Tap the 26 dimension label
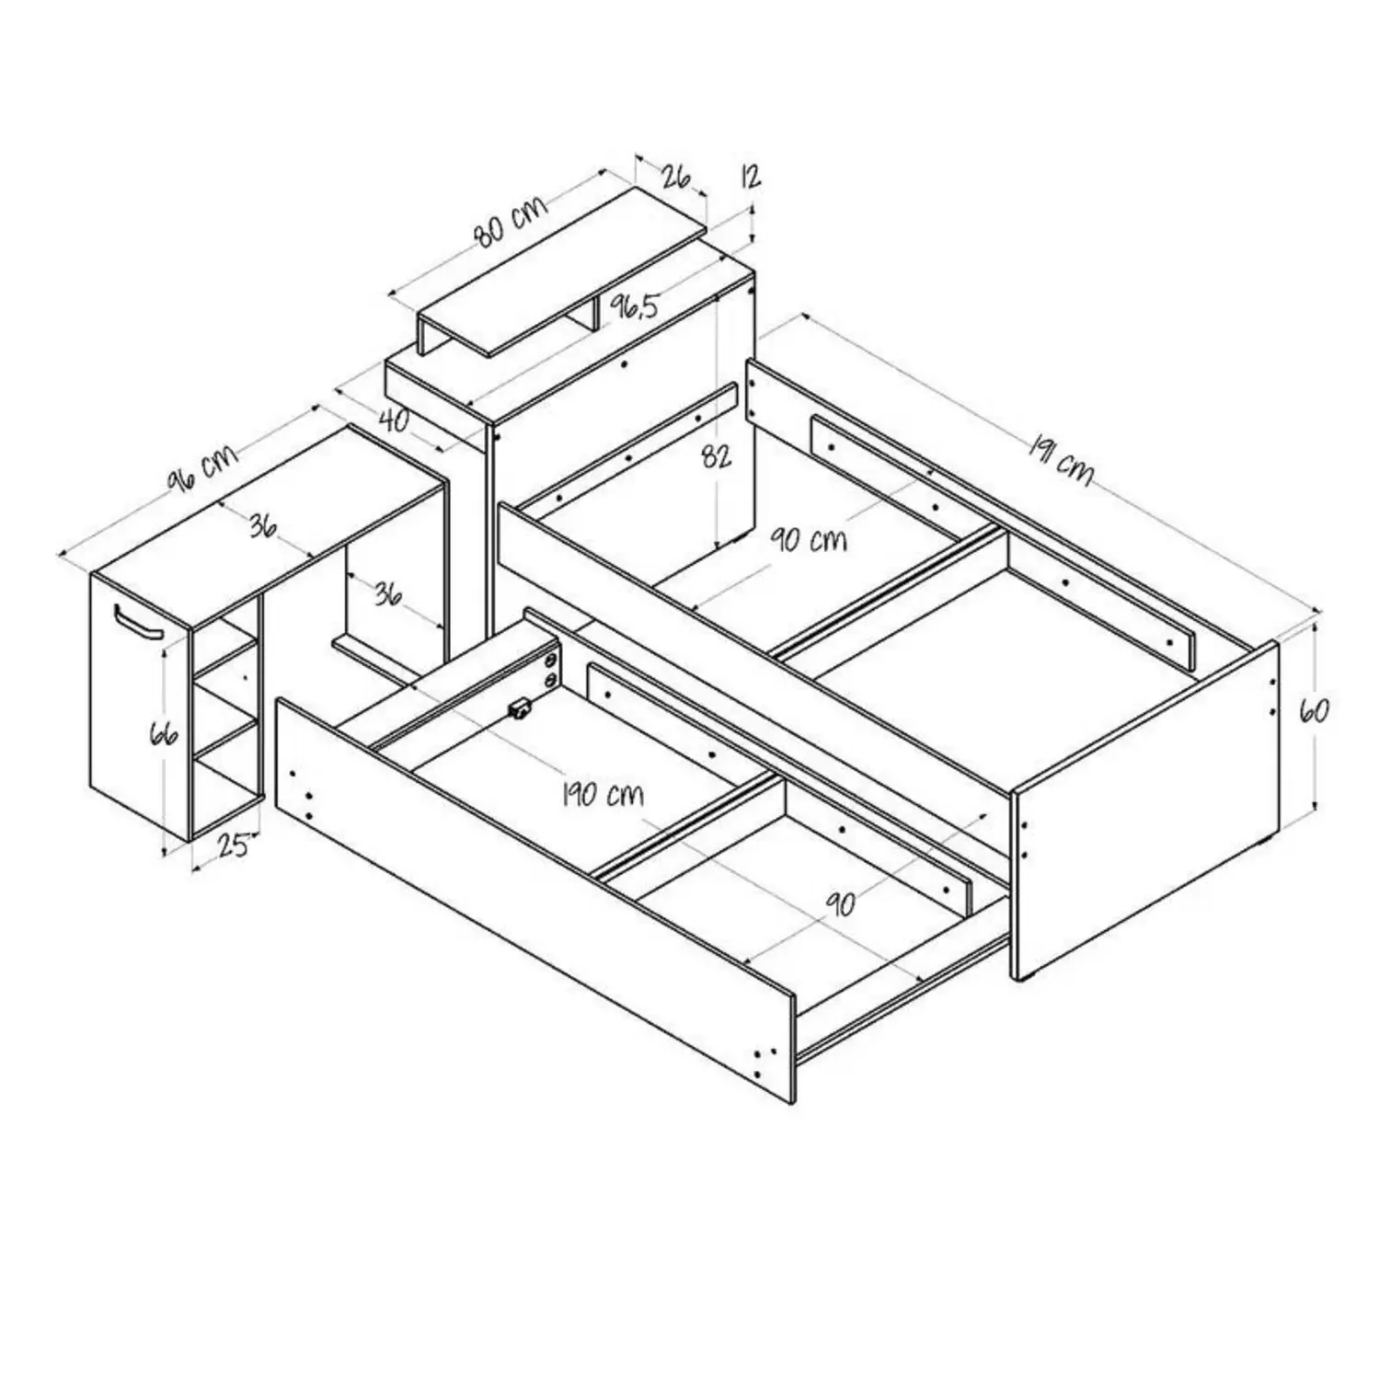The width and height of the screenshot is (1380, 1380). coord(676,176)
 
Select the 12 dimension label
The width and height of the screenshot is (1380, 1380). coord(751,177)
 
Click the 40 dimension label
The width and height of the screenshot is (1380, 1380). coord(394,420)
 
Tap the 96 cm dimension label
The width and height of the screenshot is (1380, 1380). coord(201,469)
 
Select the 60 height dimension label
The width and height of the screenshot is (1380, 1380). coord(1314,710)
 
